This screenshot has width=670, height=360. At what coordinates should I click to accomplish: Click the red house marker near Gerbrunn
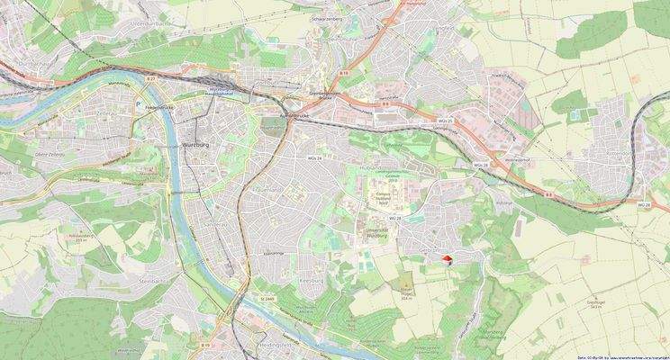coord(445,260)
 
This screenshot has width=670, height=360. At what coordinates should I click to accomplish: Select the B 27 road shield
coord(150,80)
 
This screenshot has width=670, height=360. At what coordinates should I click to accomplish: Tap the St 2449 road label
coord(267,297)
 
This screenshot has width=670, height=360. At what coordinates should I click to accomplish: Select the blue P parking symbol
coord(137,104)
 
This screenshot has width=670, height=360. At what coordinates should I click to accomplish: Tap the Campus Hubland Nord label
coord(382,199)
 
